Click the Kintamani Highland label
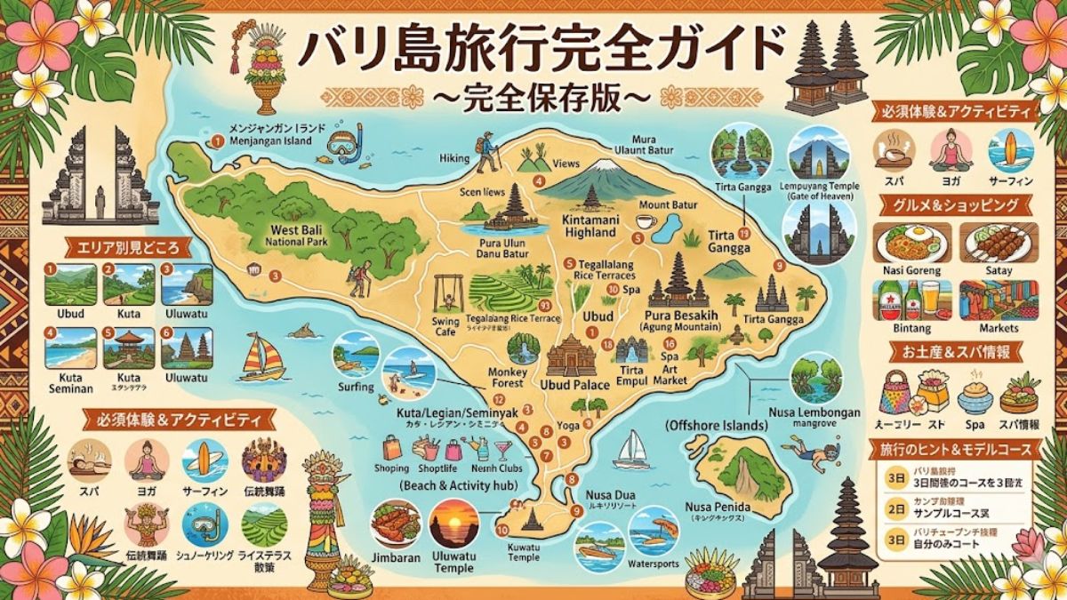(590, 226)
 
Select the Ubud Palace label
(574, 384)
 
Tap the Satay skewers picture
(998, 242)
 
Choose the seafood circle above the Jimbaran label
(395, 524)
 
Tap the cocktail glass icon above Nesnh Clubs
(504, 448)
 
